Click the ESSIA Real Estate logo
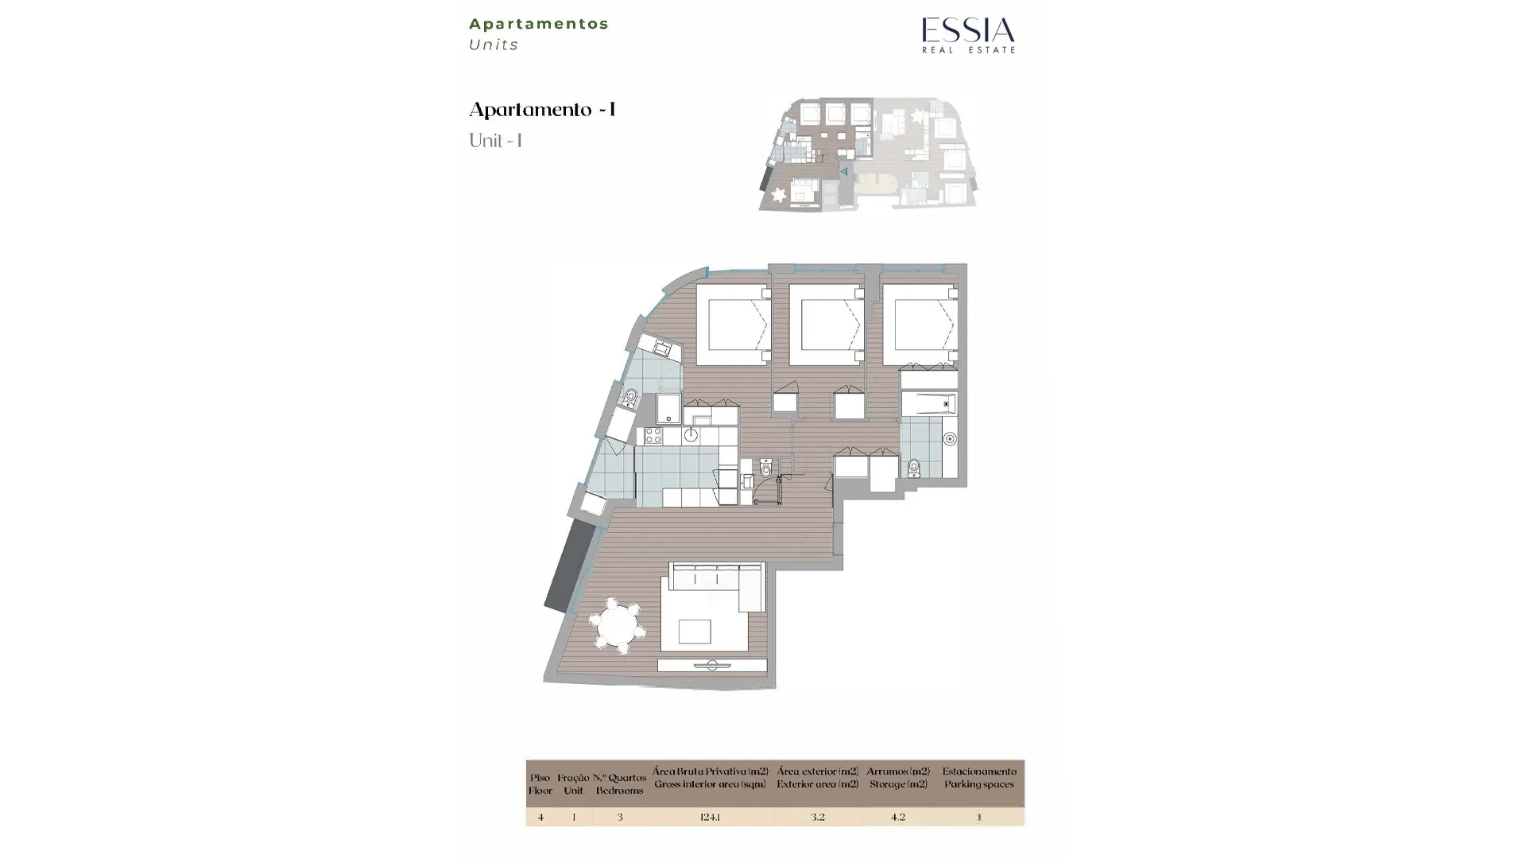click(968, 35)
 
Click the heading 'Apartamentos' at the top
click(539, 24)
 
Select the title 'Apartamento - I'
click(543, 110)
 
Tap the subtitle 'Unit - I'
click(495, 141)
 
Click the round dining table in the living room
click(618, 626)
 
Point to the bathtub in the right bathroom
click(928, 404)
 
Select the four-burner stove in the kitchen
click(653, 436)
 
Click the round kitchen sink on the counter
click(691, 435)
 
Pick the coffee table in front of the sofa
click(694, 632)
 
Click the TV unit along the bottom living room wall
click(712, 666)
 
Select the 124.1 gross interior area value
click(710, 817)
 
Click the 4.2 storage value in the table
click(897, 817)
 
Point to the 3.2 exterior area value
click(817, 817)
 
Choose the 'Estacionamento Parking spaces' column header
click(979, 778)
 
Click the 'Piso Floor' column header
click(540, 784)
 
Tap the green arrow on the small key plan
click(844, 171)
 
